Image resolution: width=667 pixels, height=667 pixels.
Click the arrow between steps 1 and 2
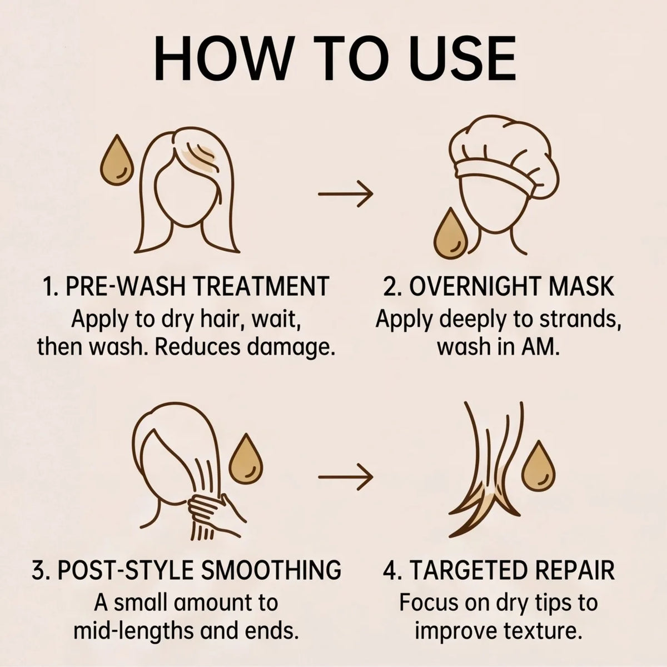click(x=345, y=193)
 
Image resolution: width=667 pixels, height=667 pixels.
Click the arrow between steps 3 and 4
click(x=345, y=476)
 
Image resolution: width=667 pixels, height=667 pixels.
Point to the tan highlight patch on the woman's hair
click(x=200, y=155)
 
